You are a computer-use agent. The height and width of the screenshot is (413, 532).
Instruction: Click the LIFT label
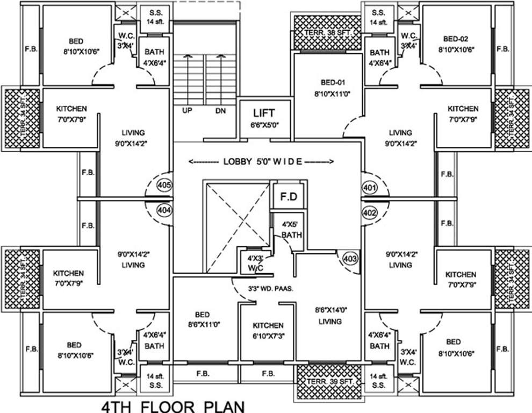(263, 113)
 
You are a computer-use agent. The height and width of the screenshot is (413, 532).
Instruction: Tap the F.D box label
(289, 197)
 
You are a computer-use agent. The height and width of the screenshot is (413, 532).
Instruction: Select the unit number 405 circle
(164, 187)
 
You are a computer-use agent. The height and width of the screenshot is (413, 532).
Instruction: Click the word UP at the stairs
(188, 111)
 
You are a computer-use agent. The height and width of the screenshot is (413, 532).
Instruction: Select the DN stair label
(221, 111)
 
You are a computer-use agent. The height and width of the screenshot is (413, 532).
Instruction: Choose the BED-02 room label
(456, 39)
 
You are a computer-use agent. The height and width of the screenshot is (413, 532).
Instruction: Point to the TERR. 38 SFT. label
(328, 32)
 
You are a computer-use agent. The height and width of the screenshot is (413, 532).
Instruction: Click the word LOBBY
(236, 161)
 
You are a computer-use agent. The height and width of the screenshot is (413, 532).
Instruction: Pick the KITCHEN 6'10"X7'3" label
(268, 330)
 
